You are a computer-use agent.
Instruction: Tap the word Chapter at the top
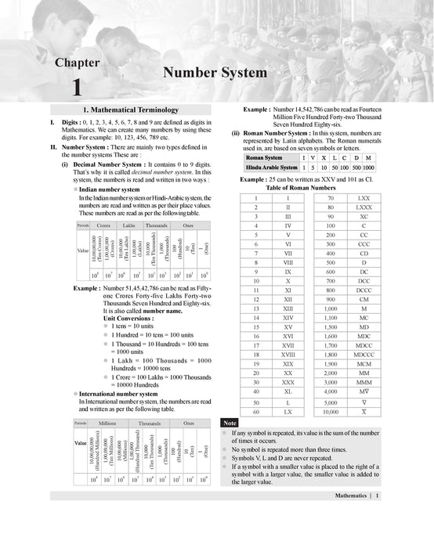(x=77, y=63)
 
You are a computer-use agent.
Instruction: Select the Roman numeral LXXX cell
(x=363, y=207)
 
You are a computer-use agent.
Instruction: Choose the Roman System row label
(x=263, y=157)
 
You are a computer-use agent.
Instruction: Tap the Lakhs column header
(x=130, y=225)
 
